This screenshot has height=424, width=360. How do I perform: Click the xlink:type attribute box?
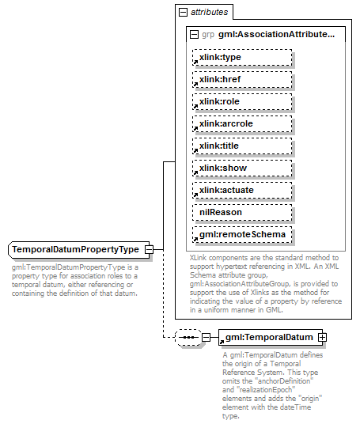click(x=241, y=57)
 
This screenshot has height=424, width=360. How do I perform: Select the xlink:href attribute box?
click(x=241, y=79)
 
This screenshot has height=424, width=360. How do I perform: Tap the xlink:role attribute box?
click(x=241, y=101)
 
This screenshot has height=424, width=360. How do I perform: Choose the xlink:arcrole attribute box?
click(x=241, y=123)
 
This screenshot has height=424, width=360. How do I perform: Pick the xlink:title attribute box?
click(x=241, y=146)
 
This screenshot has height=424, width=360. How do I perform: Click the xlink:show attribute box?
click(x=241, y=168)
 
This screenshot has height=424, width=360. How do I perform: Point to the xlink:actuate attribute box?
click(x=241, y=190)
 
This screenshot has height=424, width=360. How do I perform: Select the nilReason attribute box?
click(x=241, y=212)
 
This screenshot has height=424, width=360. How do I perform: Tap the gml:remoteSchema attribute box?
click(x=241, y=234)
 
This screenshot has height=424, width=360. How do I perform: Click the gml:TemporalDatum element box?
click(x=268, y=338)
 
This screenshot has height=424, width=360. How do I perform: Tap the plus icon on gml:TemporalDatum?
click(x=322, y=338)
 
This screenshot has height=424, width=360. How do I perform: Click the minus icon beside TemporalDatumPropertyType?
click(x=149, y=250)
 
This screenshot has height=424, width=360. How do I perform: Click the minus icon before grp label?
click(x=194, y=34)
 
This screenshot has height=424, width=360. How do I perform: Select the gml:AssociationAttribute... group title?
click(x=277, y=34)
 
